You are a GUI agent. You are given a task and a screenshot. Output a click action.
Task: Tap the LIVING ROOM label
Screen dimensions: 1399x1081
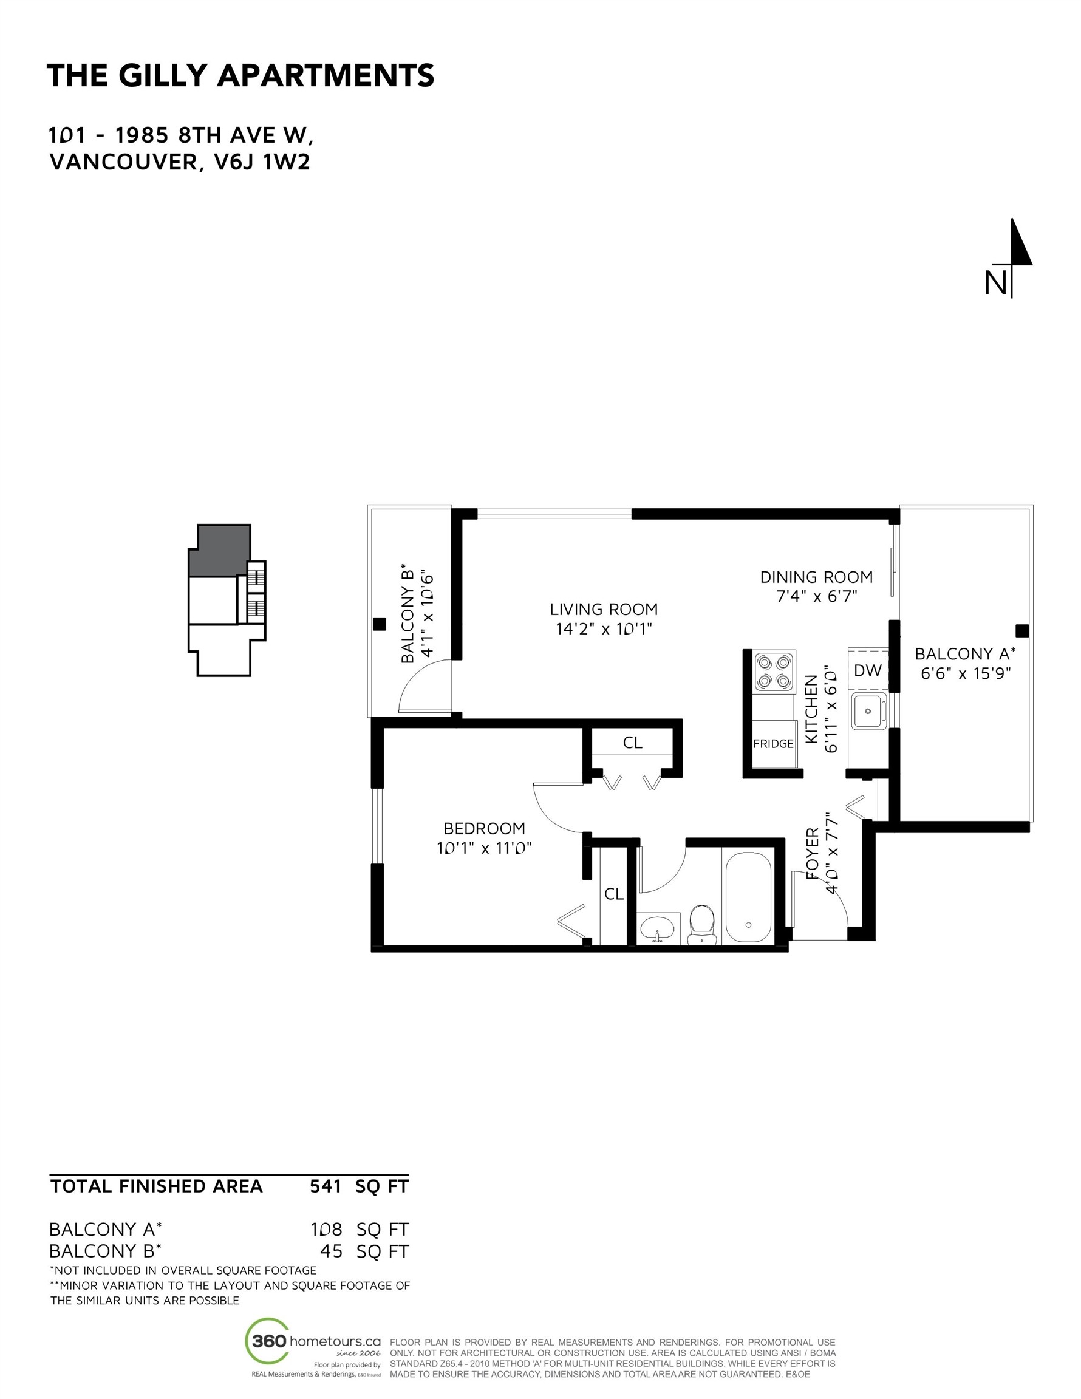point(604,609)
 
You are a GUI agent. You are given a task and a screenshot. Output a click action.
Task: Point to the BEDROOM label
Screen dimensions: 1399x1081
point(484,828)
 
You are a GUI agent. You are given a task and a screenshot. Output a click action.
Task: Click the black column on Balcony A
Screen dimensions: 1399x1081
point(1022,631)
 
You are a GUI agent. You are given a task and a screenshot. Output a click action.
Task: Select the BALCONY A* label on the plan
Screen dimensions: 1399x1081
point(965,654)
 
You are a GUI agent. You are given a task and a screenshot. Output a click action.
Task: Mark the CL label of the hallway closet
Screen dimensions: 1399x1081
point(632,743)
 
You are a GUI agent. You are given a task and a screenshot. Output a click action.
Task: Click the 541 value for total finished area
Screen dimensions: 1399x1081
point(326,1186)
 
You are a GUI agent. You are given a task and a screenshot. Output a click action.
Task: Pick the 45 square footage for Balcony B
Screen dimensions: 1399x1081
point(332,1251)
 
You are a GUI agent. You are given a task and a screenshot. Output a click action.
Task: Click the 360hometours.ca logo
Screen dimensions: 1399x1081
point(313,1341)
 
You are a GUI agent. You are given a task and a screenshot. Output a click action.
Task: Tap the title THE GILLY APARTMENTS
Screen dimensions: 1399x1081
point(241,75)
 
